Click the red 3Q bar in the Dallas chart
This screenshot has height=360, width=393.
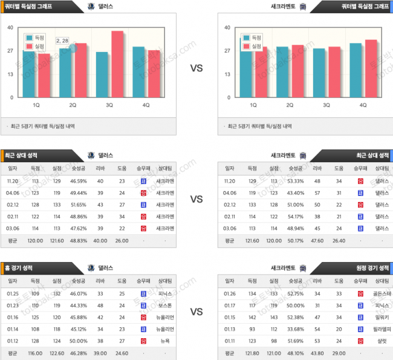[117, 64]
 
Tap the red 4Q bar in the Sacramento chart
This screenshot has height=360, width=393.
[371, 68]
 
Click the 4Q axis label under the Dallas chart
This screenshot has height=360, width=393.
[146, 105]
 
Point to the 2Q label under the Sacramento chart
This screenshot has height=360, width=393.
[290, 105]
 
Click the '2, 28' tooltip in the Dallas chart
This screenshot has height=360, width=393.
[62, 41]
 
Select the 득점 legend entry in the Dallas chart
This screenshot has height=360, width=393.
[36, 38]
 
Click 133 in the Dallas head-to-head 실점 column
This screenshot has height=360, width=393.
[57, 205]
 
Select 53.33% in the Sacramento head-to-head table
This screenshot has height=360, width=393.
[295, 181]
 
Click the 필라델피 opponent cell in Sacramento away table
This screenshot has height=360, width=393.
[382, 329]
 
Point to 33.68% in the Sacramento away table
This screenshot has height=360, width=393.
[295, 329]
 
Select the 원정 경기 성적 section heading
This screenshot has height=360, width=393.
[369, 267]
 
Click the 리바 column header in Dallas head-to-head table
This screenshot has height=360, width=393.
[100, 168]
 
